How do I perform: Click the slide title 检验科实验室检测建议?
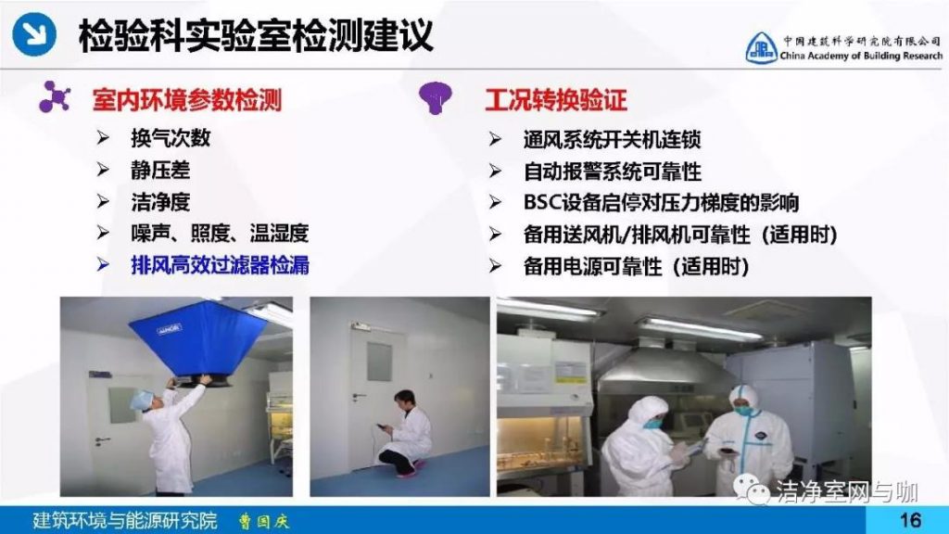pyautogui.click(x=256, y=36)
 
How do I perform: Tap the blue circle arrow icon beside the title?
pyautogui.click(x=34, y=34)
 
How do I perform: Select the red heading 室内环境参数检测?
pyautogui.click(x=187, y=100)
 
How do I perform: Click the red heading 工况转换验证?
pyautogui.click(x=556, y=100)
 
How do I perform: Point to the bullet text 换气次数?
pyautogui.click(x=171, y=138)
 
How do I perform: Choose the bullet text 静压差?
pyautogui.click(x=160, y=171)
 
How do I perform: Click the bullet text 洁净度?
pyautogui.click(x=160, y=201)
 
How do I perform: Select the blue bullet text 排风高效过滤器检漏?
pyautogui.click(x=220, y=265)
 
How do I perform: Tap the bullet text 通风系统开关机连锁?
pyautogui.click(x=612, y=140)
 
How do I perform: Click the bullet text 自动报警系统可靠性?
pyautogui.click(x=612, y=172)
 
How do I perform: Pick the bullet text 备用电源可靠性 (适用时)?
pyautogui.click(x=637, y=266)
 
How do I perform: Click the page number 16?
pyautogui.click(x=910, y=520)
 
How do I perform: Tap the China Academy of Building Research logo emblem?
pyautogui.click(x=761, y=48)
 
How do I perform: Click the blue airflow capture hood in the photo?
pyautogui.click(x=199, y=343)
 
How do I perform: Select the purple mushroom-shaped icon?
pyautogui.click(x=436, y=96)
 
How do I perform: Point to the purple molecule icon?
pyautogui.click(x=55, y=96)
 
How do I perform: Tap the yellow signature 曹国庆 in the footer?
pyautogui.click(x=263, y=521)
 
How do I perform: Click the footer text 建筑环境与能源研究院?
pyautogui.click(x=125, y=521)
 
